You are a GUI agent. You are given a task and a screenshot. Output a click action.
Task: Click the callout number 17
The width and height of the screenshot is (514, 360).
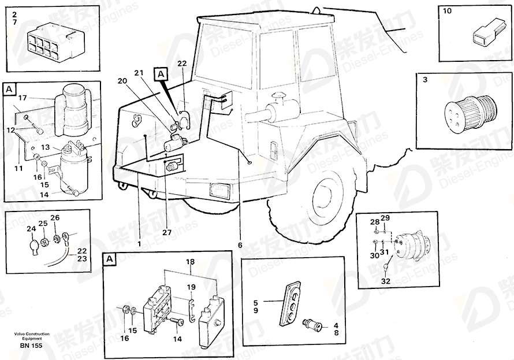tap(23, 98)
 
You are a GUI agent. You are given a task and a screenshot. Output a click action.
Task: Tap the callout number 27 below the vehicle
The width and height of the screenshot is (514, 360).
tap(166, 232)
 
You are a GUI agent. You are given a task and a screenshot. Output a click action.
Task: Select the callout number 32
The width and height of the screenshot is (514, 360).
tap(386, 281)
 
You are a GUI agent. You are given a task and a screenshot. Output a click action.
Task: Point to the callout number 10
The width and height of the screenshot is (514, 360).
tap(447, 11)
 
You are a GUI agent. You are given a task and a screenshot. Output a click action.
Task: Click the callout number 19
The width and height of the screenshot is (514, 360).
tap(191, 287)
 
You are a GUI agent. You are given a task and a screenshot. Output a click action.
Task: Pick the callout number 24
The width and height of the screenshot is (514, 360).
tap(31, 229)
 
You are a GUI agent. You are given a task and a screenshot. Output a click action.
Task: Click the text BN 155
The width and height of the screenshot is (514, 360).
tap(31, 346)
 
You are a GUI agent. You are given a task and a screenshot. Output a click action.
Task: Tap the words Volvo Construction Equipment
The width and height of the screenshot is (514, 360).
tap(32, 336)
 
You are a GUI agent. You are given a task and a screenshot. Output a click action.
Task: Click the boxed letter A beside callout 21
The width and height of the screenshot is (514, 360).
tap(161, 75)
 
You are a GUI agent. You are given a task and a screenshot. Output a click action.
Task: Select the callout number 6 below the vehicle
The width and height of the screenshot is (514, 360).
tap(240, 245)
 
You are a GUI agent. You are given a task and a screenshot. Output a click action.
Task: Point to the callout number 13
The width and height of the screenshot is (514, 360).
tap(46, 147)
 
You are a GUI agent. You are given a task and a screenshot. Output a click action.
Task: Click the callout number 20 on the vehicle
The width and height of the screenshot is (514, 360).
tap(122, 81)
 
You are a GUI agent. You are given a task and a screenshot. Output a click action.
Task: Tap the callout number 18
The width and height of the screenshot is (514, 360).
tap(190, 262)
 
